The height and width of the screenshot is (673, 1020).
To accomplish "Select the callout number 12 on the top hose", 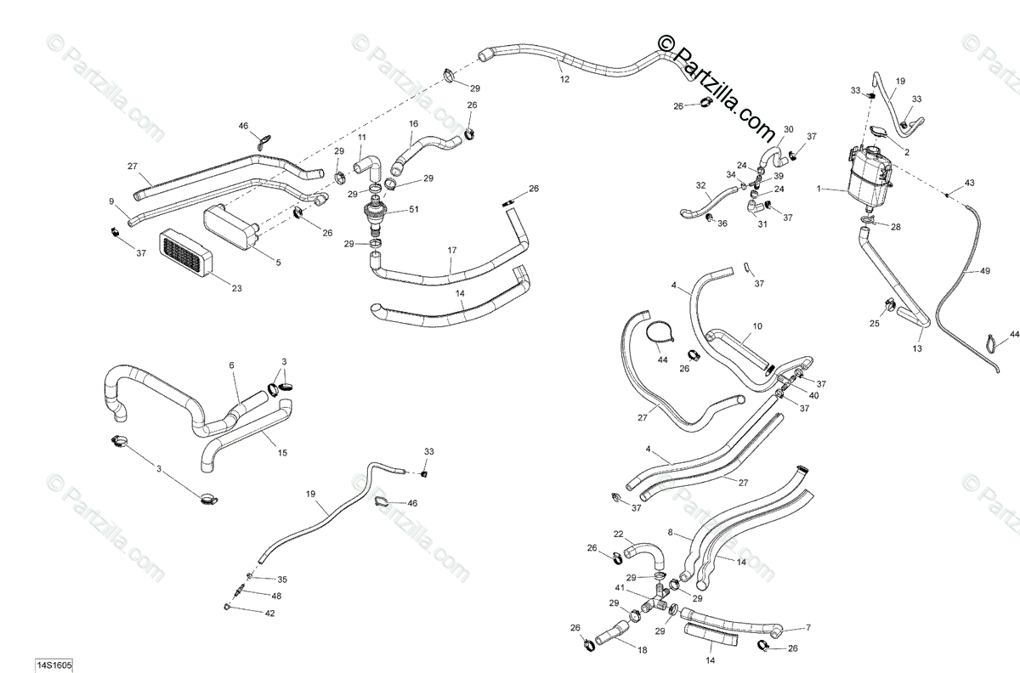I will tap(565, 79).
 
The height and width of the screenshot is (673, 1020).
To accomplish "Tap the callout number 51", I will tap(414, 210).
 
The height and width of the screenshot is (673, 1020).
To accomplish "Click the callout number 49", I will tap(985, 271).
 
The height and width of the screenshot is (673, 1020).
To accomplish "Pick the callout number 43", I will tap(970, 184).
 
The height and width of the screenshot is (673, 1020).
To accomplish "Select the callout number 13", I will tap(917, 348).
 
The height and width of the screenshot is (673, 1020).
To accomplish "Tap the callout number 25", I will tap(874, 324).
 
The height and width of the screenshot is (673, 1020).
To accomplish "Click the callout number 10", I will tap(757, 325).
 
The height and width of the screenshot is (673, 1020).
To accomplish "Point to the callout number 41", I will tap(620, 588).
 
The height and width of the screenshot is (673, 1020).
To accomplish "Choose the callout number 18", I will tap(641, 650).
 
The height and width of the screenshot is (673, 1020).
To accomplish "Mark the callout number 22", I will tap(619, 534).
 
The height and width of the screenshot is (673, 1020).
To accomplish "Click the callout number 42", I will tap(270, 613).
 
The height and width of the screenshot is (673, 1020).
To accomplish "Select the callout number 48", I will tap(276, 596).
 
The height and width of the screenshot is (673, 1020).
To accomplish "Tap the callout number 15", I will tap(282, 454).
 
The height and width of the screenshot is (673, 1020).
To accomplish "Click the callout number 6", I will tap(230, 365).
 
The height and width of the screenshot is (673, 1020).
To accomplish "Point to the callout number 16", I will tap(414, 124).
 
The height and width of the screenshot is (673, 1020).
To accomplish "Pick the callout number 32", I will tap(700, 185).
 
